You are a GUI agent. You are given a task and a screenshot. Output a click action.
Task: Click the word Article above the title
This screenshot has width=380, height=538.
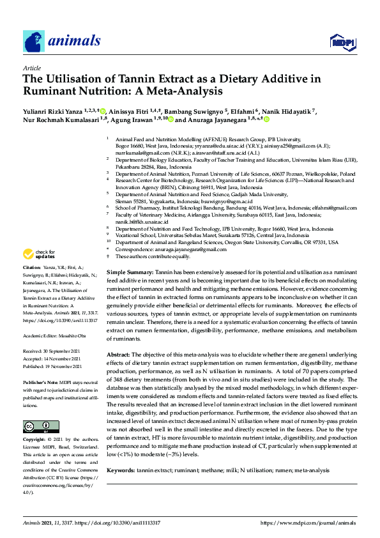click(x=32, y=67)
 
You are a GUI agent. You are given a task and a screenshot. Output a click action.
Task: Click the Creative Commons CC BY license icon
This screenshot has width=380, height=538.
click(x=37, y=426)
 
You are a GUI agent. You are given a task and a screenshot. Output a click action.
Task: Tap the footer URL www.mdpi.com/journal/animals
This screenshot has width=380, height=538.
click(x=308, y=523)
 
